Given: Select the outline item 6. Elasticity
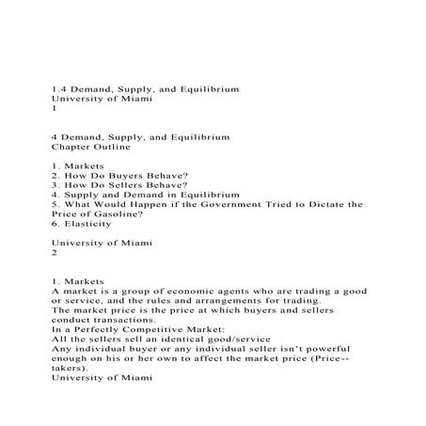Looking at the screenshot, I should pos(86,227).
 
